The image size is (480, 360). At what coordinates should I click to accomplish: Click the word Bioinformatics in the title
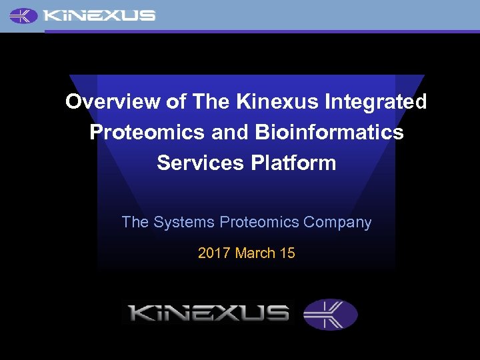pyautogui.click(x=329, y=132)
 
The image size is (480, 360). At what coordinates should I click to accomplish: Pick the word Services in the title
pyautogui.click(x=193, y=163)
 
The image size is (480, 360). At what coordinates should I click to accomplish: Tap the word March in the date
pyautogui.click(x=255, y=253)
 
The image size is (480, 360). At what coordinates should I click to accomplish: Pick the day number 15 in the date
pyautogui.click(x=287, y=253)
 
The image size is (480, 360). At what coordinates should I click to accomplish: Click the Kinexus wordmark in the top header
pyautogui.click(x=99, y=15)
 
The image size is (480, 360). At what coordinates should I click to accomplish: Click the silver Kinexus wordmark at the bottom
pyautogui.click(x=208, y=313)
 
